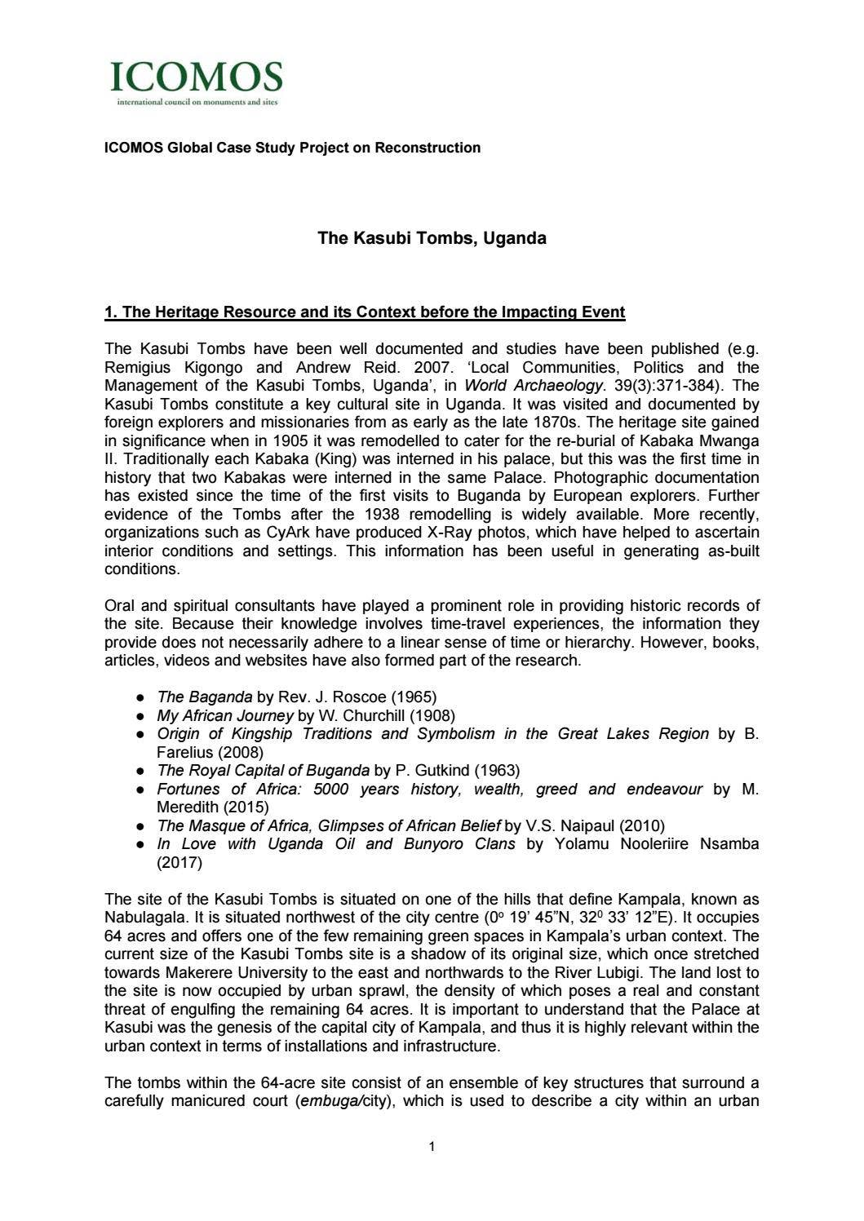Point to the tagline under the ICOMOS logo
coord(192,103)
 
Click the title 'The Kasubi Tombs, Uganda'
coord(432,239)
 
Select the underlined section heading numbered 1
coord(365,312)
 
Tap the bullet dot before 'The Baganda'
coord(141,698)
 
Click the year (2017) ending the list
coord(179,862)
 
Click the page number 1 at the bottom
coord(432,1148)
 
